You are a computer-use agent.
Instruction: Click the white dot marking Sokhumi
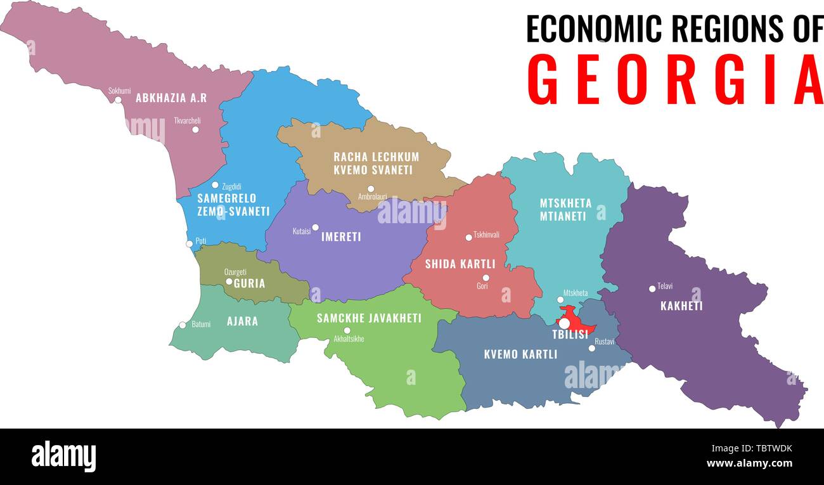point(118,100)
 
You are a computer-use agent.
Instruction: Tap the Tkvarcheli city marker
point(195,129)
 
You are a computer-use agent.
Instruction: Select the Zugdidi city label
point(231,186)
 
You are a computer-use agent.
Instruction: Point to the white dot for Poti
point(189,244)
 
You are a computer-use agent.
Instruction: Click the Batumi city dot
point(183,325)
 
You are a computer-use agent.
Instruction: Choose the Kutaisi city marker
point(315,228)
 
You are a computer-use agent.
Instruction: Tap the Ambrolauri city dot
point(371,188)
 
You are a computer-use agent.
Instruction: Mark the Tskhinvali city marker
point(469,238)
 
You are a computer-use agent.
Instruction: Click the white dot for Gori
point(486,278)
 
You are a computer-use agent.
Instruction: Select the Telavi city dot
point(652,289)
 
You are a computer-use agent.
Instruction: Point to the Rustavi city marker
point(591,348)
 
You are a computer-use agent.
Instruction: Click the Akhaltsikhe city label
point(349,339)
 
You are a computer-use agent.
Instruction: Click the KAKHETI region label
point(681,306)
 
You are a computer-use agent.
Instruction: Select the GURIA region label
point(249,283)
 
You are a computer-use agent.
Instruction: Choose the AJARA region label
point(242,321)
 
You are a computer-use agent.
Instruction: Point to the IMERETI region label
point(341,237)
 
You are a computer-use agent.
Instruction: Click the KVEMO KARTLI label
point(520,354)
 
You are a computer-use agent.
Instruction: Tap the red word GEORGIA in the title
point(674,81)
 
